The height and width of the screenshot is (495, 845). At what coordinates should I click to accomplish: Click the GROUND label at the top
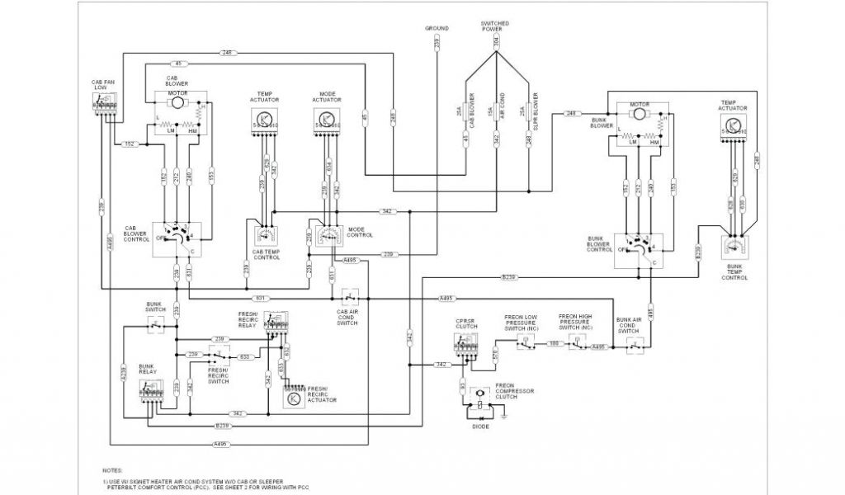pyautogui.click(x=437, y=29)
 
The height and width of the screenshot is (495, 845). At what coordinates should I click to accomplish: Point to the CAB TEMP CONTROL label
pyautogui.click(x=267, y=254)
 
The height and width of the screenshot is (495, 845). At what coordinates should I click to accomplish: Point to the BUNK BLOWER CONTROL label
pyautogui.click(x=599, y=245)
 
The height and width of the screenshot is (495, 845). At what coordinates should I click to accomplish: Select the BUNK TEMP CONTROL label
pyautogui.click(x=736, y=272)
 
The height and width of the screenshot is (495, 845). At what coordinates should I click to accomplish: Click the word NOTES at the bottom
pyautogui.click(x=113, y=469)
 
